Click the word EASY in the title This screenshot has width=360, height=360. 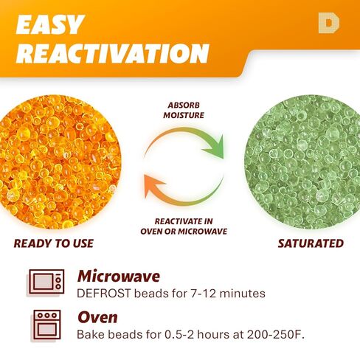[50, 24]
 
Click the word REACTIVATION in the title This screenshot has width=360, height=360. [112, 54]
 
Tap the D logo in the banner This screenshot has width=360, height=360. [329, 23]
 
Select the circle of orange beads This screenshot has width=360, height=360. [58, 162]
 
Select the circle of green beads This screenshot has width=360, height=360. [302, 162]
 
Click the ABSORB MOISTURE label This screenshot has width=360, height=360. [184, 110]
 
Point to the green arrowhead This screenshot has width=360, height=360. [215, 147]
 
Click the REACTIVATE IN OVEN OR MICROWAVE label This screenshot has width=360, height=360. [184, 226]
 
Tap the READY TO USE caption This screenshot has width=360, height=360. [54, 243]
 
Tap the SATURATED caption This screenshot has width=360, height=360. [311, 243]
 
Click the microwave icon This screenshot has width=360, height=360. [46, 282]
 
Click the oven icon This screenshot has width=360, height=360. [46, 325]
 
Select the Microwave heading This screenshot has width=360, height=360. [119, 277]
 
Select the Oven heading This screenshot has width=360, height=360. [97, 317]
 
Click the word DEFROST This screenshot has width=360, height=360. [103, 294]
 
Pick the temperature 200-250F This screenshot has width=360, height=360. [275, 334]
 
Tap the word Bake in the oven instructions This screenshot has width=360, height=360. [91, 334]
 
